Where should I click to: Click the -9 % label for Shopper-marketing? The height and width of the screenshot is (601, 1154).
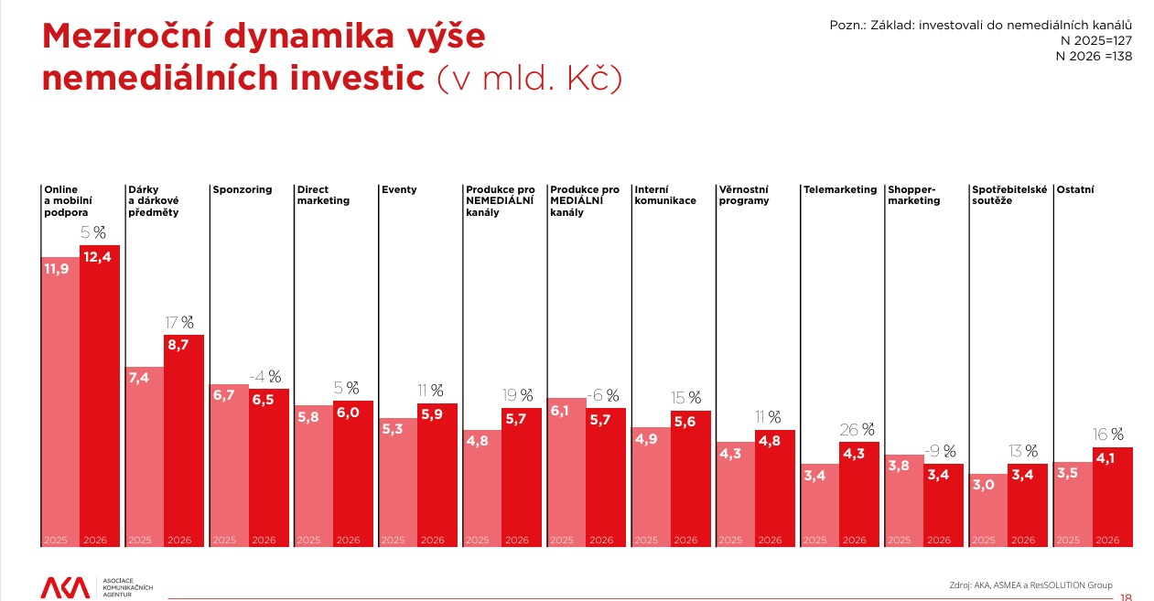click(940, 451)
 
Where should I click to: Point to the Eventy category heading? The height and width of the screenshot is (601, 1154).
click(398, 190)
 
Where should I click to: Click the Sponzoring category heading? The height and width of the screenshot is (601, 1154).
click(242, 190)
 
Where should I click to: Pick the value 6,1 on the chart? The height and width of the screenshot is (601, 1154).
click(560, 412)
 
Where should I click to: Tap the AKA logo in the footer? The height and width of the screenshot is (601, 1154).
click(66, 587)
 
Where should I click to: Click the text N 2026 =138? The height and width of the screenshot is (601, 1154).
click(1094, 56)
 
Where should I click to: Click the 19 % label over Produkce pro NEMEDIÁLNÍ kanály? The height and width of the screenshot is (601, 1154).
click(517, 395)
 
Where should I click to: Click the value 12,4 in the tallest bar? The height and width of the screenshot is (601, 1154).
click(99, 257)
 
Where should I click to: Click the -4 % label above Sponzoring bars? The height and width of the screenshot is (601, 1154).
click(265, 377)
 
